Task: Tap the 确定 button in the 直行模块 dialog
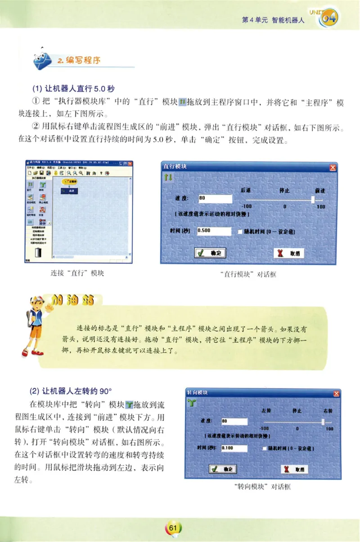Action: coord(211,253)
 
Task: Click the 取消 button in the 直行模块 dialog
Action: coord(290,253)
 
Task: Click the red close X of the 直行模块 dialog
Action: coord(333,167)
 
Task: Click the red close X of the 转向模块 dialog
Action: coord(336,393)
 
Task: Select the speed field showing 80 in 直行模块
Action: coord(215,198)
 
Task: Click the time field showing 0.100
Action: coord(234,448)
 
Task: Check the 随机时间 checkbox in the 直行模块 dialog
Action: coord(240,232)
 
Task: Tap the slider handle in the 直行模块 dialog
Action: coord(313,198)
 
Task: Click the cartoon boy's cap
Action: coord(38,301)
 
